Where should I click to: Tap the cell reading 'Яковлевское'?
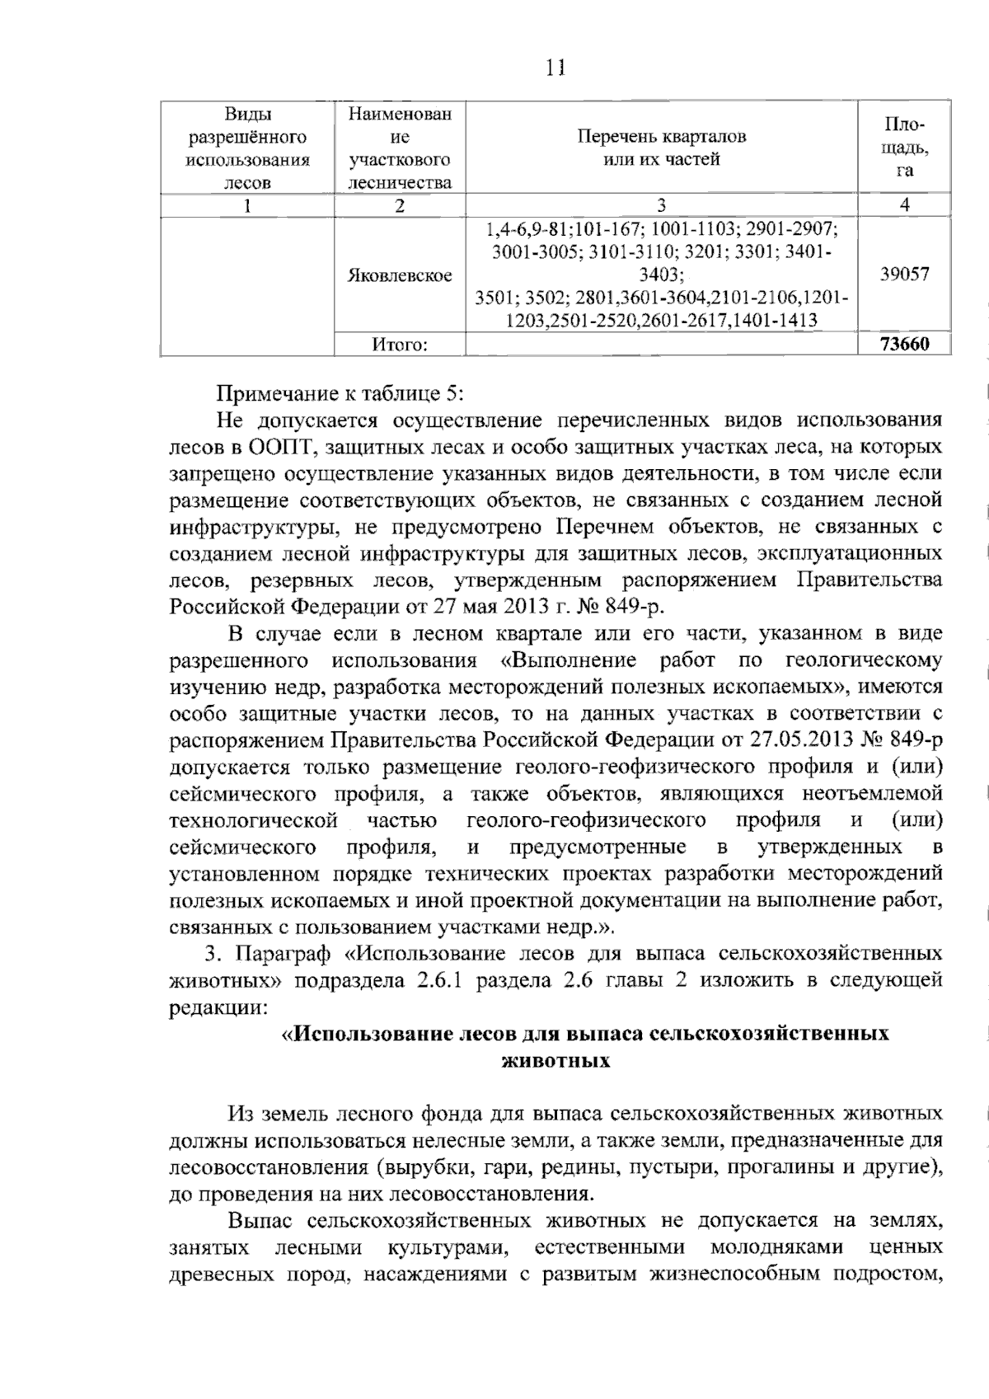400,275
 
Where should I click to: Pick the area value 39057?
904,275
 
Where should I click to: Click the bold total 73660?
904,345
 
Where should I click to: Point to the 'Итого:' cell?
400,345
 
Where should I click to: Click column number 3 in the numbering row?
661,206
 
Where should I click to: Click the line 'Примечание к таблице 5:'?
340,393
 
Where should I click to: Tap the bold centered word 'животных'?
555,1061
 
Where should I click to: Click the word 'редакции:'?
218,1007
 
